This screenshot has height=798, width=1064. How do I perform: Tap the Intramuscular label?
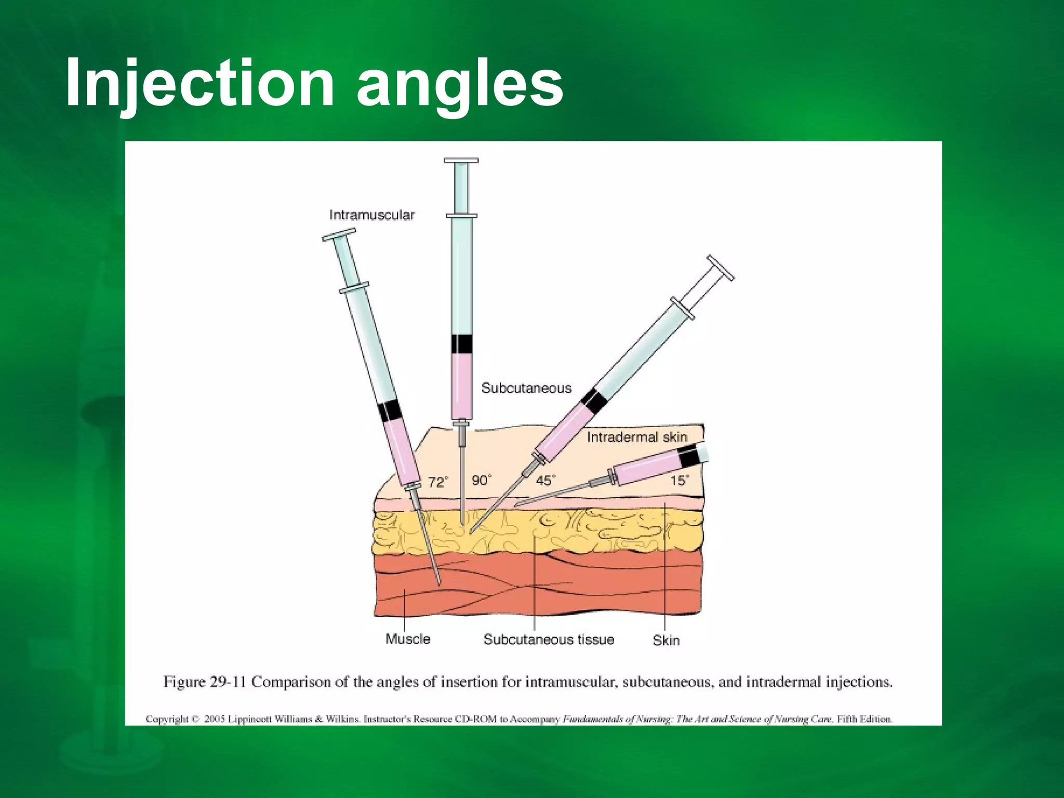(372, 215)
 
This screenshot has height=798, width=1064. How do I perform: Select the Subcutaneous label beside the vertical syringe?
(526, 388)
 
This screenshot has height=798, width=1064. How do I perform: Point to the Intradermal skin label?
(637, 437)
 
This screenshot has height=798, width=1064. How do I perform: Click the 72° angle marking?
(437, 482)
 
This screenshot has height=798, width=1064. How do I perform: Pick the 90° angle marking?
(481, 480)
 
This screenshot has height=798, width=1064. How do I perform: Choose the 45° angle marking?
(545, 480)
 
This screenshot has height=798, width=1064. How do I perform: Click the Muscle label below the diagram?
(408, 639)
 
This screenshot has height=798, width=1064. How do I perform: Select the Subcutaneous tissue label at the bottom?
(549, 640)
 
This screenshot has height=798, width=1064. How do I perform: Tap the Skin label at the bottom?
(666, 641)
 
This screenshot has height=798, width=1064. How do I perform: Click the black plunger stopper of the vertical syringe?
(461, 343)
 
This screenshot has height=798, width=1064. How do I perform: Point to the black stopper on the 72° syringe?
(389, 411)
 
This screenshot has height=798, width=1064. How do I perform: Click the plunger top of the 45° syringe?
(721, 268)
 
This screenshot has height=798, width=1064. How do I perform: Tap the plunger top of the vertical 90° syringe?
(461, 161)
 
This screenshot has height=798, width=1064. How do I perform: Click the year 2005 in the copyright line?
(214, 720)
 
